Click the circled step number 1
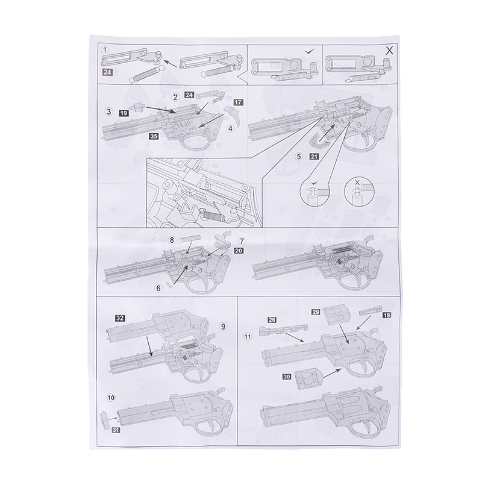(105, 50)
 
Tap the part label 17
(238, 102)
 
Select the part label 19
(124, 113)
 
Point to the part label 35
(154, 136)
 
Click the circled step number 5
(299, 156)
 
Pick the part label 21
(314, 156)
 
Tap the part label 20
(239, 251)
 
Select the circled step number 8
(172, 240)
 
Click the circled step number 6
(158, 288)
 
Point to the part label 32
(120, 318)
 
